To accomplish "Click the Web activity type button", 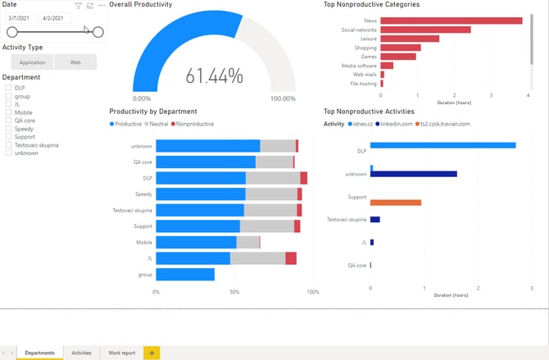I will (x=75, y=62).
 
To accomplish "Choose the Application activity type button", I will (x=33, y=62).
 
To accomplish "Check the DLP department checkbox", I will (x=8, y=88).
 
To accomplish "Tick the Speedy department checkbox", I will (x=8, y=129).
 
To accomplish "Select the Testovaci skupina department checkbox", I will (x=8, y=145).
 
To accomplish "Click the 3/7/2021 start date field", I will (x=21, y=17).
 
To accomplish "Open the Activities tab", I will (x=81, y=353).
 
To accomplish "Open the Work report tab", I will (x=122, y=353).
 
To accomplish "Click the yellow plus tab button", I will (x=152, y=353).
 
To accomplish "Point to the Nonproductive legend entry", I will (x=192, y=124).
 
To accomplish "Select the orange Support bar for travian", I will (x=396, y=203).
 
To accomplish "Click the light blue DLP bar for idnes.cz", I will (x=442, y=145).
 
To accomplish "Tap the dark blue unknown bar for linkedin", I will (x=415, y=174).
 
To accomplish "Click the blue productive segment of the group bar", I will (x=185, y=275).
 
